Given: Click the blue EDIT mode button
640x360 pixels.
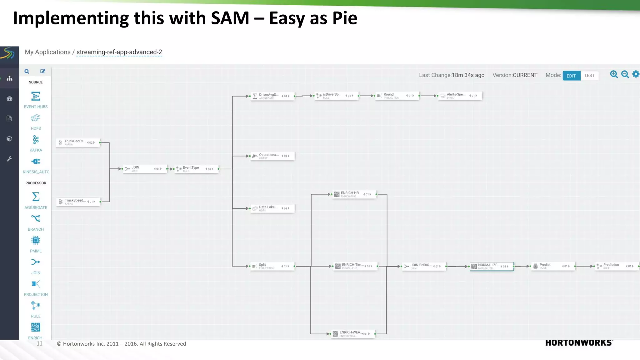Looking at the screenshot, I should [571, 76].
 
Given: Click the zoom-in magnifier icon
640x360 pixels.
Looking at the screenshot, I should [614, 74].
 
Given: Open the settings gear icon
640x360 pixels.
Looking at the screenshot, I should [636, 74].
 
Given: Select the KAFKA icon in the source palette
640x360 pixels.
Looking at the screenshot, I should [36, 140].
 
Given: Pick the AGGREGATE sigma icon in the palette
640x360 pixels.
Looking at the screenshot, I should [36, 197].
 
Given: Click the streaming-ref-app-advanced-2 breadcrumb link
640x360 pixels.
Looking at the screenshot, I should [119, 52].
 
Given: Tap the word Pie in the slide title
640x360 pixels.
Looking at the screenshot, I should [345, 18].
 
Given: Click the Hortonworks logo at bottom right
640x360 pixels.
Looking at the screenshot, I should [579, 343].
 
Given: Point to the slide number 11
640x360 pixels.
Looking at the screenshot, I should [39, 343].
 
